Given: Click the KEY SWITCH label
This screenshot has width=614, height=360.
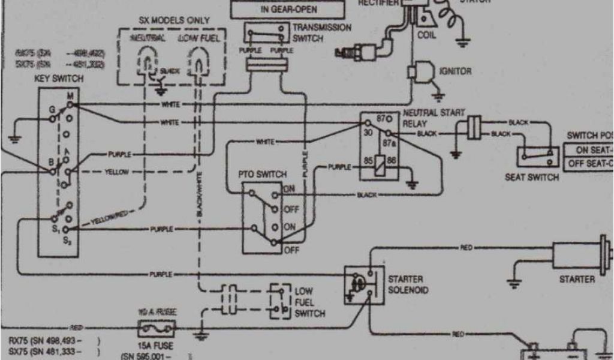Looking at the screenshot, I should coord(59,79).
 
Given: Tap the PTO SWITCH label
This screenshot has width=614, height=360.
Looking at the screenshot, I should coord(263,174).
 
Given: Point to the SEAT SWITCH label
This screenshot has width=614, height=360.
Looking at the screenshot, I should coord(532,178).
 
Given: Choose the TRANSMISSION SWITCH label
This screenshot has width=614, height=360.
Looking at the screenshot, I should coord(322,32).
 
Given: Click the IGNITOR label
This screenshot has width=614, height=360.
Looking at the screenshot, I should coord(456,71).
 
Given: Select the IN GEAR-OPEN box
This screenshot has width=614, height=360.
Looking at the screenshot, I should coord(289,10).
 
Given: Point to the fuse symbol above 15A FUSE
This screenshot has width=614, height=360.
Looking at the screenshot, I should coord(157,328).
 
